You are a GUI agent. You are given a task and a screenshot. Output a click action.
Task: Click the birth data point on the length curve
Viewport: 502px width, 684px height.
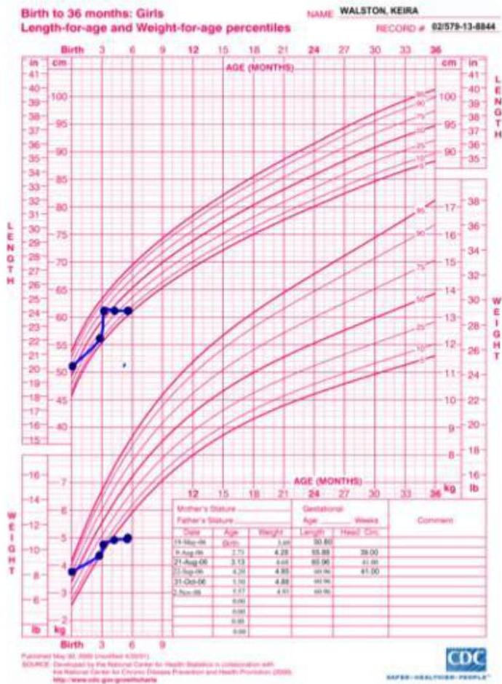(72, 366)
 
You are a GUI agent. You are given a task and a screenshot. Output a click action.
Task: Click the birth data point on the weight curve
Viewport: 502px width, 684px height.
(71, 571)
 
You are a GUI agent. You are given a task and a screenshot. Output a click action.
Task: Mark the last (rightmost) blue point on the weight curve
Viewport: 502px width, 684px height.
(127, 538)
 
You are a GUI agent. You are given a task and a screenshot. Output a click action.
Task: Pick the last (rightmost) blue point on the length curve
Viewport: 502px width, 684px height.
(128, 311)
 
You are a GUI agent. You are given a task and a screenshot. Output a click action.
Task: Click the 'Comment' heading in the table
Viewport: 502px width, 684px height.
(434, 521)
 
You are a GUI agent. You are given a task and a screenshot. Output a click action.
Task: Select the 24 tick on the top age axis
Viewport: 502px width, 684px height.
(314, 50)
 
